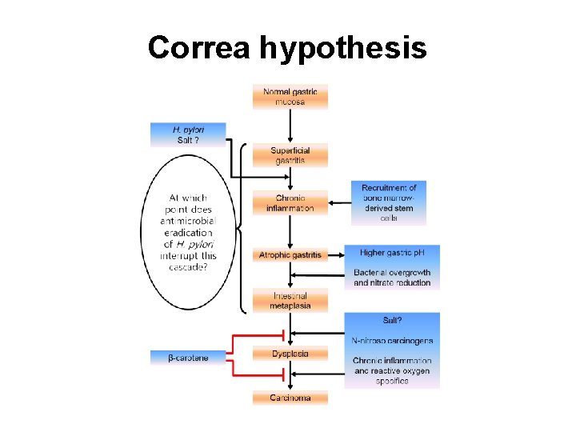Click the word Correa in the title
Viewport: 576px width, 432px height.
pos(199,49)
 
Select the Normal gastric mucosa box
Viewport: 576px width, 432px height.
pos(290,97)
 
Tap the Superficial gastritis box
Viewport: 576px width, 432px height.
pos(290,155)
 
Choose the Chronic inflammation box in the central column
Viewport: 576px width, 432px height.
pos(290,203)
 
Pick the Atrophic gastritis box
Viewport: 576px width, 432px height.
pos(290,255)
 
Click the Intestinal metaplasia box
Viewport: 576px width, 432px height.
pos(290,300)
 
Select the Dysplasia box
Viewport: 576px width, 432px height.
pos(290,353)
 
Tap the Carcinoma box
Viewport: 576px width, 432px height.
pos(290,397)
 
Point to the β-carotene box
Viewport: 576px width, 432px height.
pos(188,358)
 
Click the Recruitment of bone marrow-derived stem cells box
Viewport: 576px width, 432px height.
pos(389,202)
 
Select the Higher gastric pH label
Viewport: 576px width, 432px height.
pos(391,253)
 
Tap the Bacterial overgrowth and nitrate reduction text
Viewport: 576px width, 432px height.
pos(392,278)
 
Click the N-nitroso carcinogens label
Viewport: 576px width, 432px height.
pos(392,340)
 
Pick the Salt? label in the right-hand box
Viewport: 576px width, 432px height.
pos(392,320)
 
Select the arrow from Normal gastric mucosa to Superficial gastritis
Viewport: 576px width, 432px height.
pos(290,126)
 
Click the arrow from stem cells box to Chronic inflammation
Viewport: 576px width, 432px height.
pos(339,202)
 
